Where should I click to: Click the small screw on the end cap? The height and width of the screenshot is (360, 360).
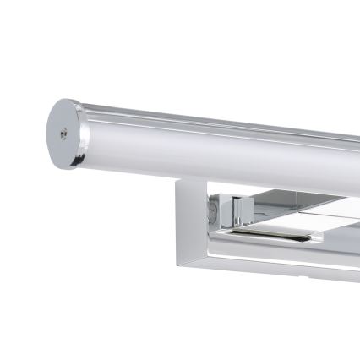[x=64, y=132]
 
